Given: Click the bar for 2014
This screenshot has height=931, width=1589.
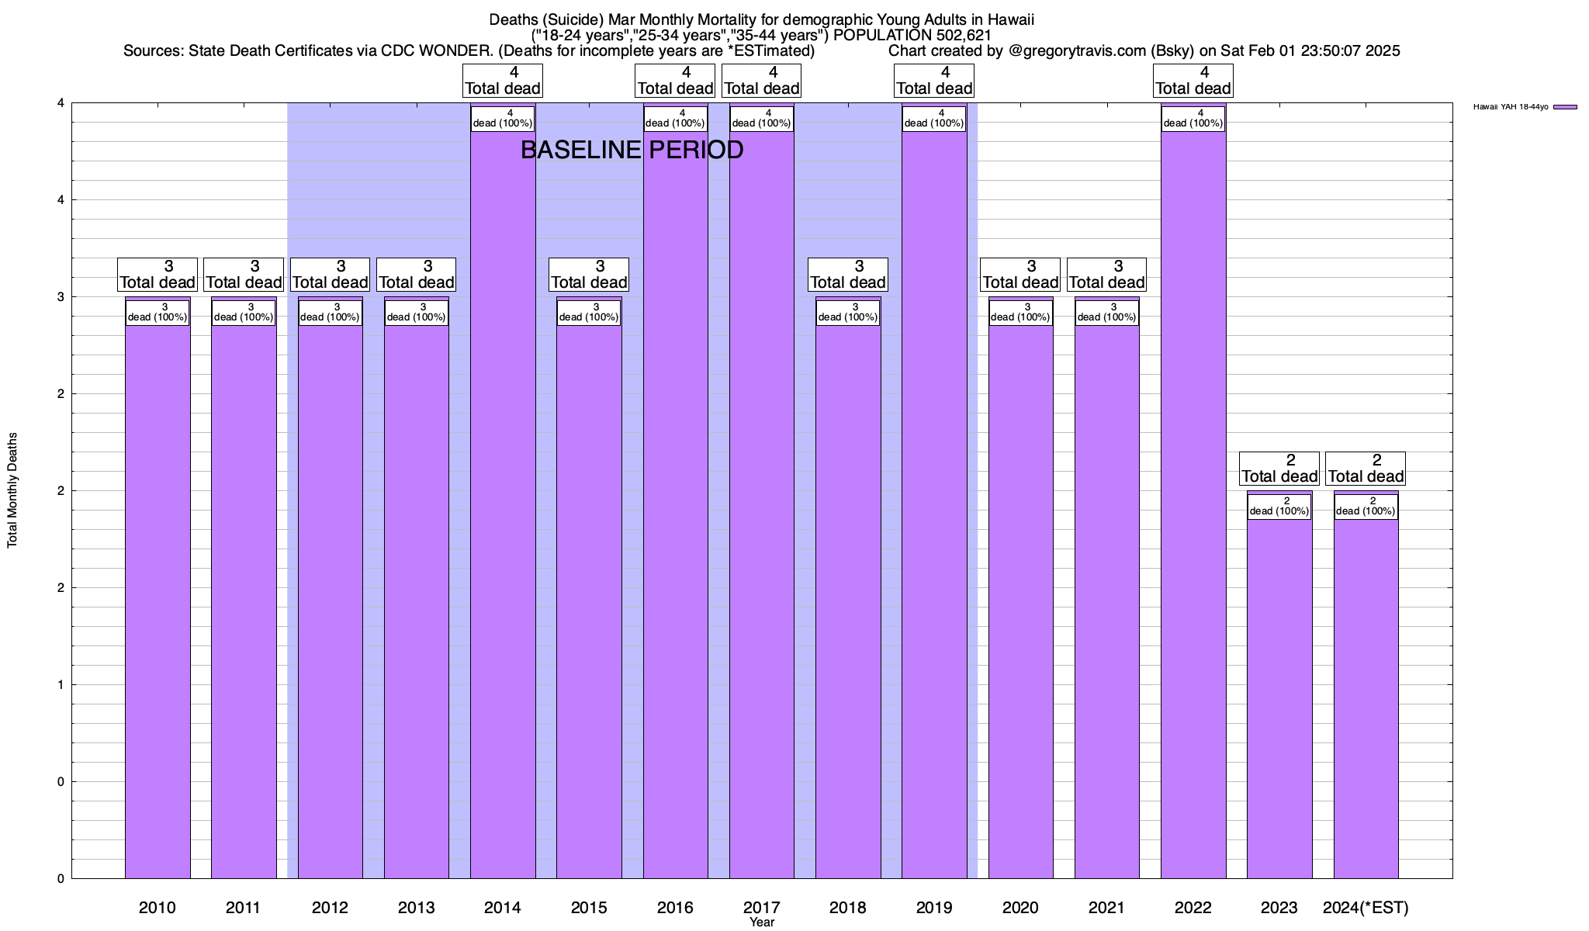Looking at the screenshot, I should click(x=503, y=504).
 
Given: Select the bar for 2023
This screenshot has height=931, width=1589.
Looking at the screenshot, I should click(x=1279, y=698).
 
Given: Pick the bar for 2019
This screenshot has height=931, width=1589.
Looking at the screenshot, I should click(x=934, y=504).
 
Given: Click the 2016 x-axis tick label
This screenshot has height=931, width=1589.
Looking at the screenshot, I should click(x=675, y=907).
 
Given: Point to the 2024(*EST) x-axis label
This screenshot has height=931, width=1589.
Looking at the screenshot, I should click(x=1366, y=907).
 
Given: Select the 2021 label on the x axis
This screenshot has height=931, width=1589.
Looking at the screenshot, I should click(x=1106, y=907).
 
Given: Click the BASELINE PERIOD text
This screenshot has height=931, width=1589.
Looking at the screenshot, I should click(x=632, y=150).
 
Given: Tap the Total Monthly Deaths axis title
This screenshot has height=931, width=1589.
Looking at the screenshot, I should click(x=12, y=490).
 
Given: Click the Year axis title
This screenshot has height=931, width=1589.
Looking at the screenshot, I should click(x=762, y=922).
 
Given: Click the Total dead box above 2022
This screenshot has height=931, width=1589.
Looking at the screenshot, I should click(x=1193, y=81).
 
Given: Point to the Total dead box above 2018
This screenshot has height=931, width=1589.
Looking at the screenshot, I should click(x=848, y=275).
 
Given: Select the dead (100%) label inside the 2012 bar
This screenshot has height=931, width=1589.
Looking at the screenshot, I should click(x=330, y=313).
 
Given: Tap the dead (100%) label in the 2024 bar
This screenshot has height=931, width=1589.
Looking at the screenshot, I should click(x=1366, y=507).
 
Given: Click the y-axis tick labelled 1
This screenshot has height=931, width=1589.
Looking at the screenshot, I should click(x=60, y=684).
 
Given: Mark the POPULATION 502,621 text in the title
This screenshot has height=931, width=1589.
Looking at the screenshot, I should click(x=912, y=35).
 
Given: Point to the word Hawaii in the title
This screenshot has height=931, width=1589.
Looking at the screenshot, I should click(x=1010, y=19).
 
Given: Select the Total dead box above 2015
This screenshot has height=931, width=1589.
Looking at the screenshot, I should click(x=589, y=275).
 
